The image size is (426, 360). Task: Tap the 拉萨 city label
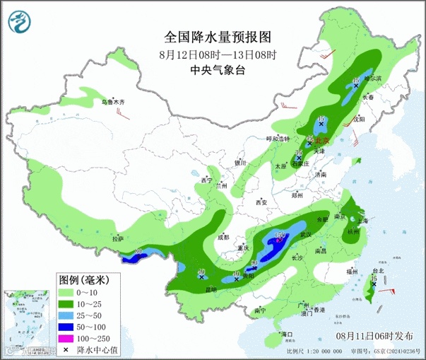pyautogui.click(x=118, y=239)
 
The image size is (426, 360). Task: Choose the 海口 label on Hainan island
pyautogui.click(x=286, y=333)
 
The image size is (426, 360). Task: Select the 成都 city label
pyautogui.click(x=223, y=237)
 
